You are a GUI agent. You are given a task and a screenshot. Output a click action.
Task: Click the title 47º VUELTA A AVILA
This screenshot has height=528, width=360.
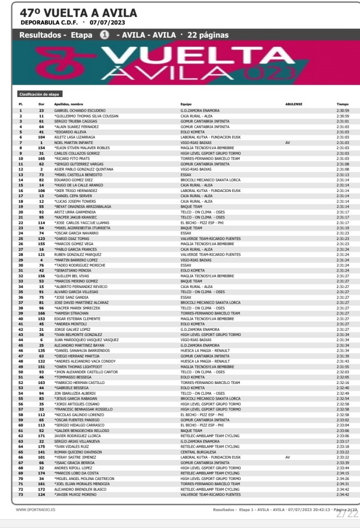pos(79,12)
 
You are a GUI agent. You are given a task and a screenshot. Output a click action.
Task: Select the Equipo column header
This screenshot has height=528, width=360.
pos(186,104)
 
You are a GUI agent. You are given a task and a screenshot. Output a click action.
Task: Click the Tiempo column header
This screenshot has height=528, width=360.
pos(342,104)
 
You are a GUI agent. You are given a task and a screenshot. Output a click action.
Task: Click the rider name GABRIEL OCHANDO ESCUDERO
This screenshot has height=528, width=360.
pos(80,110)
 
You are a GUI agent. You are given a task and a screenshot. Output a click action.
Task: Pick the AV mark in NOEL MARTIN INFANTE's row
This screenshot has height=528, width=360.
pos(288,141)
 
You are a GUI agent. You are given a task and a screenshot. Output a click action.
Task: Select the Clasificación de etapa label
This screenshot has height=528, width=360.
pos(39,94)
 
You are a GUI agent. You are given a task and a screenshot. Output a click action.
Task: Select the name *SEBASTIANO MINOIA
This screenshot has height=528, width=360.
pos(73,270)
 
